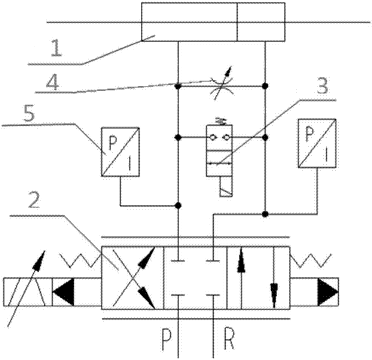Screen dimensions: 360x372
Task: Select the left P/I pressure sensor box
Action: pos(121,152)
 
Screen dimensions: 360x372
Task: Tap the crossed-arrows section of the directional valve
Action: pos(133,277)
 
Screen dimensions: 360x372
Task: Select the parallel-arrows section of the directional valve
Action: pos(258,277)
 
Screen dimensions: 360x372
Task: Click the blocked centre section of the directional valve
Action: pos(195,277)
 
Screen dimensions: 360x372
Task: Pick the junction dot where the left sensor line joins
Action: pos(179,205)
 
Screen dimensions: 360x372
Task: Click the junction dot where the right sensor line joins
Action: pos(265,214)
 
